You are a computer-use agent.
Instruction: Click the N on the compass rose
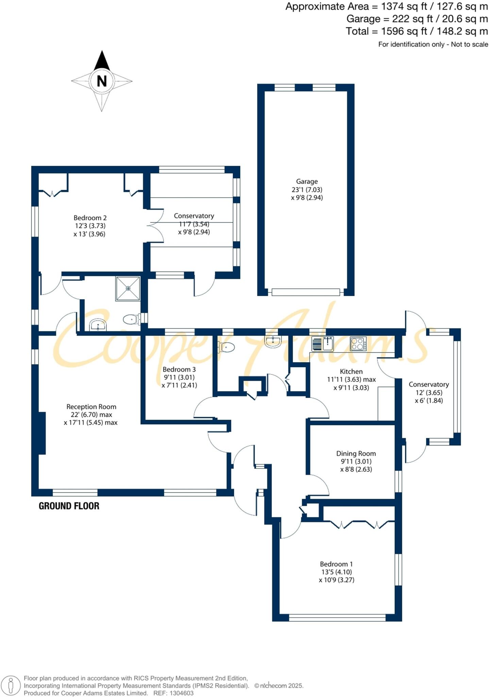tap(102, 81)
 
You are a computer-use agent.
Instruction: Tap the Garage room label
tap(307, 181)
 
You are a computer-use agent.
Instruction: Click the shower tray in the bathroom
tap(128, 289)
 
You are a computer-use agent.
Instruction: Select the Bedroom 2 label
tap(90, 218)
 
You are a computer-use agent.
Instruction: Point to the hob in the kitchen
tap(358, 343)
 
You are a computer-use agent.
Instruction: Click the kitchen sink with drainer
tap(323, 343)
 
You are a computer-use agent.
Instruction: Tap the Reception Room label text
tap(91, 407)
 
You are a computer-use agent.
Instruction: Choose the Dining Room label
tap(356, 453)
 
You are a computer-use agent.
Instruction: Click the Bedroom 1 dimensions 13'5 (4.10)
tap(337, 572)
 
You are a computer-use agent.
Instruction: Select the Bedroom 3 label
tap(179, 369)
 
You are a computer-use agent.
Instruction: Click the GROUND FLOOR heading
tap(69, 506)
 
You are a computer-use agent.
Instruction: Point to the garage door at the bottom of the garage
tap(306, 292)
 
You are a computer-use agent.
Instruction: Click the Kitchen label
tap(351, 371)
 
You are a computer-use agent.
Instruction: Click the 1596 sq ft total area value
tap(404, 31)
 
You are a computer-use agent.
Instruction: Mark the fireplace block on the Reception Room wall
tap(42, 433)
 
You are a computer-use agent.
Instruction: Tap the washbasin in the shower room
tap(98, 325)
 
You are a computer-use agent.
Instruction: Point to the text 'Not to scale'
tap(469, 44)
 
